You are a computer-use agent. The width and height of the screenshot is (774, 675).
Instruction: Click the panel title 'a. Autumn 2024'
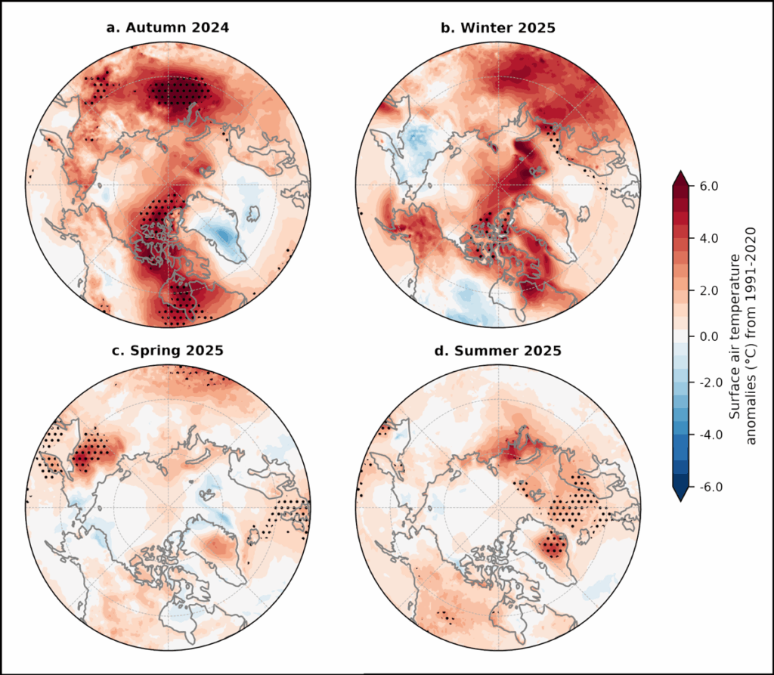[167, 28]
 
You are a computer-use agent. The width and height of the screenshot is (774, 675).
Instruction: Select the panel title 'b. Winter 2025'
[498, 28]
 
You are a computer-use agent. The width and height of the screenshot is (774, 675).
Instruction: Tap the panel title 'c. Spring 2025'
[167, 351]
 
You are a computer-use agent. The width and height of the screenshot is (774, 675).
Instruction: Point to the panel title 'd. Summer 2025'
[498, 351]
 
